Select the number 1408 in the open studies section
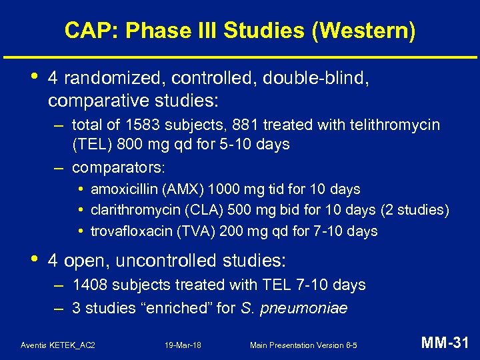coord(89,285)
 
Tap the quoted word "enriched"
coord(153,309)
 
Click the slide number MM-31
coord(445,343)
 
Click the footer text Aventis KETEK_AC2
coord(58,345)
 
